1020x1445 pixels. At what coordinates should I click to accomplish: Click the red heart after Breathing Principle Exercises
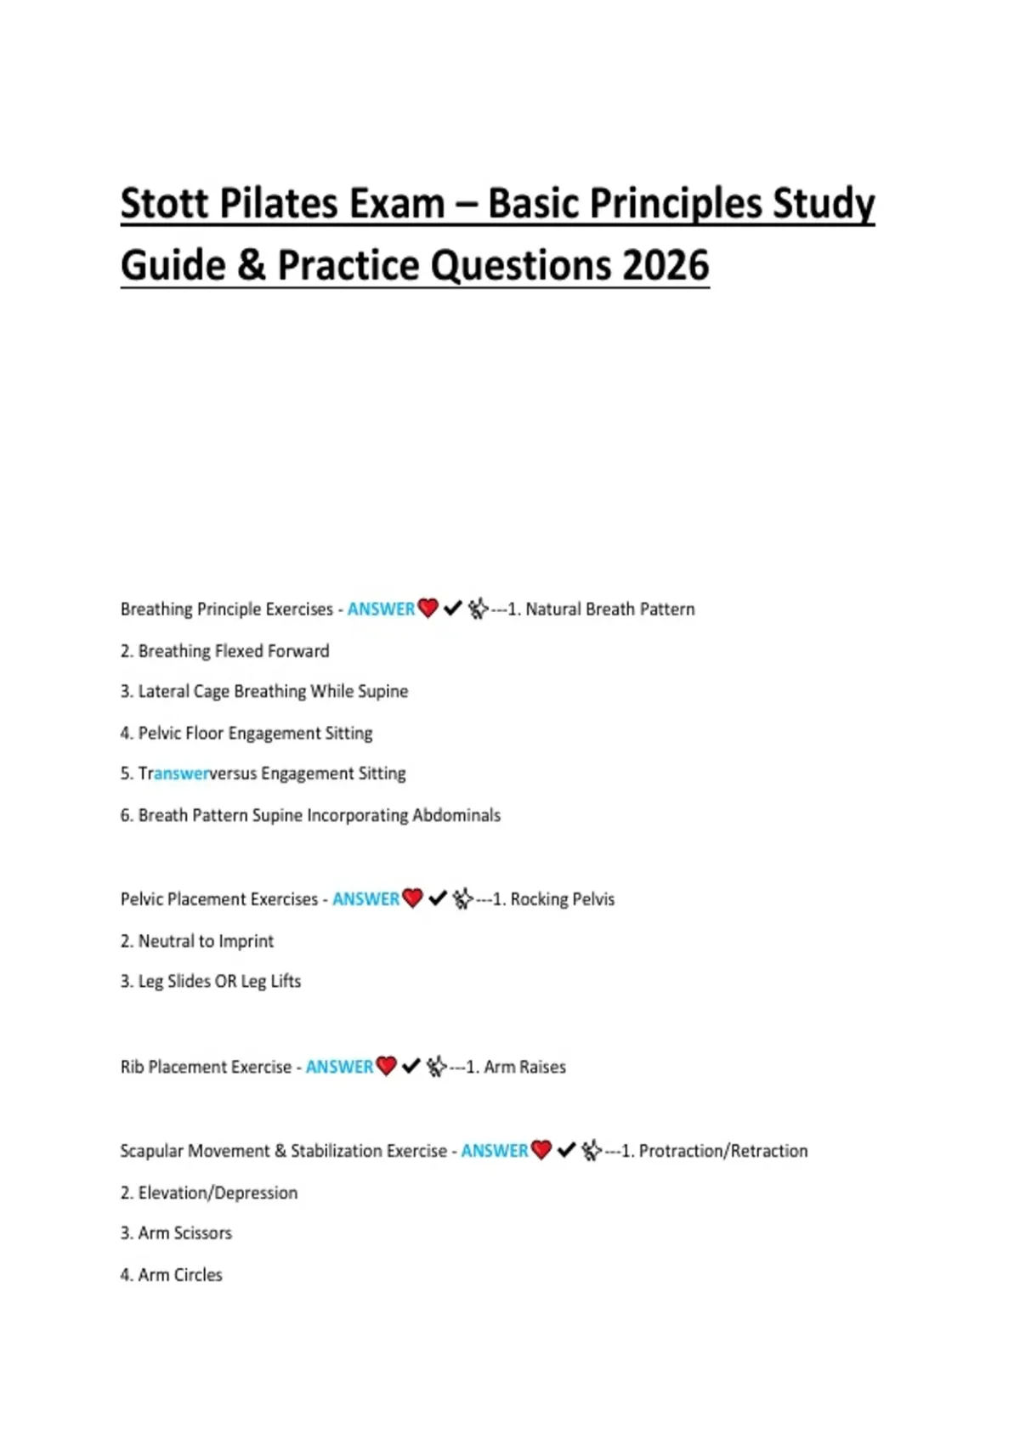click(428, 609)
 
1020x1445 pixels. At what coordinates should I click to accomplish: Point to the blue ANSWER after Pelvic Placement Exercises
click(365, 899)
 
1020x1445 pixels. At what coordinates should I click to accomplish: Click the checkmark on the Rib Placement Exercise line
click(411, 1066)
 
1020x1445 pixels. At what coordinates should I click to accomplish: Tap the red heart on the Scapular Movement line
click(541, 1150)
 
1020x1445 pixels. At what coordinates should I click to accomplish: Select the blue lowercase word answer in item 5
click(181, 773)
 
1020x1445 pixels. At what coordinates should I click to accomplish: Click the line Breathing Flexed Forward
click(224, 651)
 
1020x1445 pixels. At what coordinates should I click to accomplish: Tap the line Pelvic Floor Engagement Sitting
click(246, 733)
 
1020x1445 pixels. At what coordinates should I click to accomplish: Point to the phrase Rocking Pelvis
click(562, 899)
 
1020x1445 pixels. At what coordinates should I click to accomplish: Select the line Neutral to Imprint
click(197, 941)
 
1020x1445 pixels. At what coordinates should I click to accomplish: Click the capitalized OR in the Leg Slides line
click(225, 981)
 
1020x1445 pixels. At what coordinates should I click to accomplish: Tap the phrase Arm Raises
click(524, 1067)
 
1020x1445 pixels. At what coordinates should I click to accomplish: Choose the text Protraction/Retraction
click(722, 1151)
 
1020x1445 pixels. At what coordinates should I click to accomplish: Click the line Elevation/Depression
click(209, 1193)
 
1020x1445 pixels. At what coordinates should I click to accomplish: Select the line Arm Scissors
click(176, 1232)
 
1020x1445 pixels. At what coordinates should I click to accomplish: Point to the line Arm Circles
click(172, 1275)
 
